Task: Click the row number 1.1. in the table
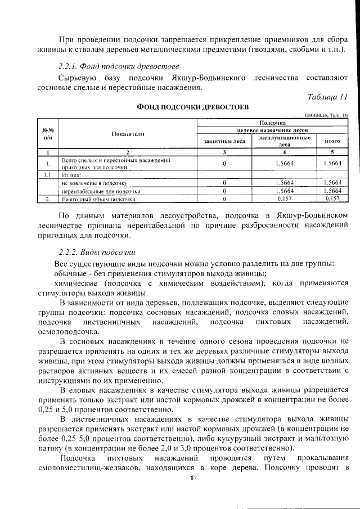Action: pos(48,175)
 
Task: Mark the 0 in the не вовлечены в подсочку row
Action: pos(224,183)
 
